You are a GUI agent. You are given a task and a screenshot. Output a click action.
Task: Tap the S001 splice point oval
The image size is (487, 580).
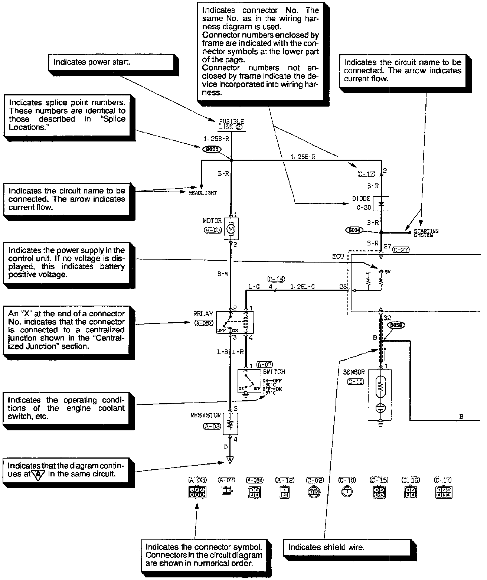pos(212,149)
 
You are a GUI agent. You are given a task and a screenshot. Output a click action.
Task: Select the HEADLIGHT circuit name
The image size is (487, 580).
pos(203,193)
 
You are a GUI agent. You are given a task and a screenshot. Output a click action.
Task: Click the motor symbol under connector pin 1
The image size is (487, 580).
pos(231,229)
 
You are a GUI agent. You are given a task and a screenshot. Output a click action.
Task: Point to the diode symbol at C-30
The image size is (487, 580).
pos(380,204)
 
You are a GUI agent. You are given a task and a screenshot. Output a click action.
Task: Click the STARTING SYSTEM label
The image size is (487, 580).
pos(426,233)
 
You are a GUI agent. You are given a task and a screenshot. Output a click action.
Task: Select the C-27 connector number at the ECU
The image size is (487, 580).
pos(401,250)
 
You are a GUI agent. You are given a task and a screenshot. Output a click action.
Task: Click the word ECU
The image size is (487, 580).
pos(338,257)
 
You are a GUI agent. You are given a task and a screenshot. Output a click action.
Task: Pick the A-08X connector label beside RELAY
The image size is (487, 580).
pos(203,323)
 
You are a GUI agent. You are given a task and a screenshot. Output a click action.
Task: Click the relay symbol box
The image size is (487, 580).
pos(235,322)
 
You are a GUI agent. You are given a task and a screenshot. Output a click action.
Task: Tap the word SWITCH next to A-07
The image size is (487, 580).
pos(274,372)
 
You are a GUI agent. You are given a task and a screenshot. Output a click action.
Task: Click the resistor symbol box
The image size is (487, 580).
pos(231,424)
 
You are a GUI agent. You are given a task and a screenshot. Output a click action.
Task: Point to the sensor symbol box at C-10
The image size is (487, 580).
pos(380,395)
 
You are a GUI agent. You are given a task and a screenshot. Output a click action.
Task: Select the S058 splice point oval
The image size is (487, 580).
pos(395,325)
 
